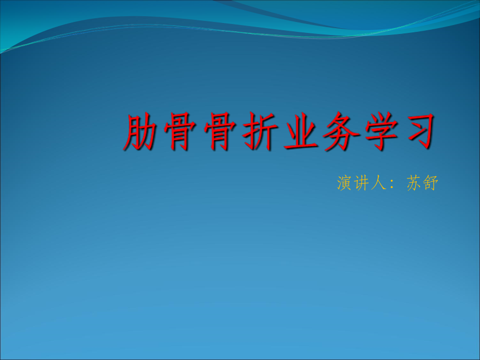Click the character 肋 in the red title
pos(141,133)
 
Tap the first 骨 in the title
pos(181,133)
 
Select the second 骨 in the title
pos(220,133)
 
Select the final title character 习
pos(416,133)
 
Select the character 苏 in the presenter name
pos(413,184)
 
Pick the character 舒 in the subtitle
pos(430,184)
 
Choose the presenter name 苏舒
pos(422,184)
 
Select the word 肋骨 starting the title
pos(161,133)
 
